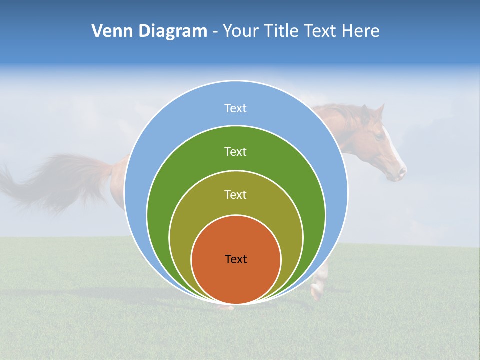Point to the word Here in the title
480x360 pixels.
[x=361, y=31]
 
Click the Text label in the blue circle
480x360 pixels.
[x=236, y=108]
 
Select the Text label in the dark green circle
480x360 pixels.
[x=236, y=151]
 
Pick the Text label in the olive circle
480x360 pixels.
[x=236, y=194]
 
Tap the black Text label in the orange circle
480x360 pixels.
[x=236, y=259]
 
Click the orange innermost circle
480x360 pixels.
[x=236, y=280]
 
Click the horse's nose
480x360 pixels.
[x=401, y=173]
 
